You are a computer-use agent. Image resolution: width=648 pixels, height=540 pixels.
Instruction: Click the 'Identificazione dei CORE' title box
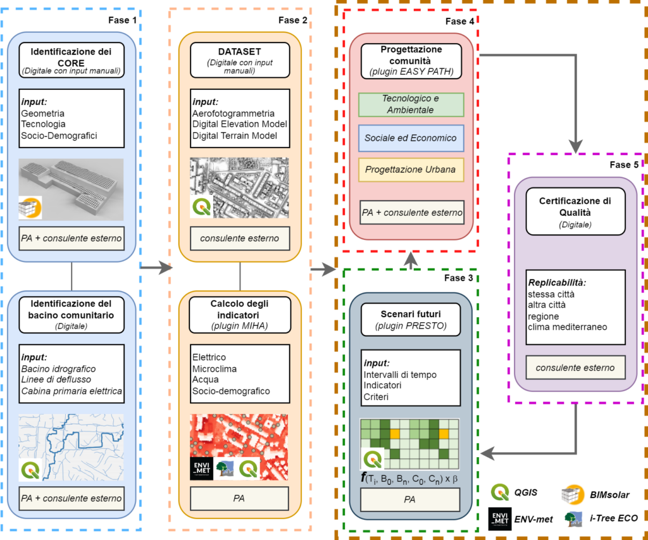pyautogui.click(x=70, y=60)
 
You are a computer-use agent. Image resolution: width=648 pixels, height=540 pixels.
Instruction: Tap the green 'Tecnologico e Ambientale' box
pyautogui.click(x=411, y=104)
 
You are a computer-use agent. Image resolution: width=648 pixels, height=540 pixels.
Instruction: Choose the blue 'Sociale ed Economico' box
pyautogui.click(x=411, y=137)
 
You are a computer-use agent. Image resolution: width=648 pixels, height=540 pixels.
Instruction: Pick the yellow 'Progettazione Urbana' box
pyautogui.click(x=411, y=170)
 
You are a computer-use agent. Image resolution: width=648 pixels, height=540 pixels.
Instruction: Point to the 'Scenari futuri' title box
pyautogui.click(x=411, y=319)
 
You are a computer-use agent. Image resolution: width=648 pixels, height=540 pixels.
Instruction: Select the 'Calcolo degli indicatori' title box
pyautogui.click(x=240, y=313)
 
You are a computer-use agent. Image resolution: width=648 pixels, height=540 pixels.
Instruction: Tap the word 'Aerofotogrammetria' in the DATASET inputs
pyautogui.click(x=234, y=113)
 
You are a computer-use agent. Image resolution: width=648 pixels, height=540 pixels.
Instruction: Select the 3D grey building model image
pyautogui.click(x=70, y=187)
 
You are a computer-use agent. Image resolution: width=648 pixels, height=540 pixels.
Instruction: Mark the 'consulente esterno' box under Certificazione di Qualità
pyautogui.click(x=575, y=368)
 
